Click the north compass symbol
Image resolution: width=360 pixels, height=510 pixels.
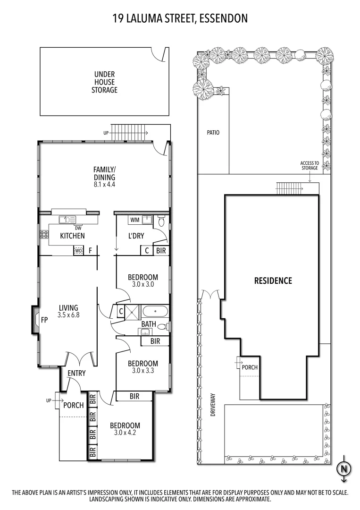click(x=344, y=469)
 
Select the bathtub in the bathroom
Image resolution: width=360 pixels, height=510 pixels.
click(x=155, y=312)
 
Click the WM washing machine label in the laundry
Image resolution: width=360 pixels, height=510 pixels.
click(x=134, y=220)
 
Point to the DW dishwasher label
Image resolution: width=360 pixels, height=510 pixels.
click(x=78, y=228)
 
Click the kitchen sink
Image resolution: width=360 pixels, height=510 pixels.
click(x=67, y=219)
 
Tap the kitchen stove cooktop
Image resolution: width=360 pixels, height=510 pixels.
click(x=43, y=235)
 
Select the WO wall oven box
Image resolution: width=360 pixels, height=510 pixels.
click(x=78, y=251)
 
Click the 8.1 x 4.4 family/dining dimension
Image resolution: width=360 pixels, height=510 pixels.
click(x=104, y=185)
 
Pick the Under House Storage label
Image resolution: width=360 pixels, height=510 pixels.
click(x=104, y=82)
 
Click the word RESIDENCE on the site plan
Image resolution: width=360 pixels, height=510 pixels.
click(x=273, y=280)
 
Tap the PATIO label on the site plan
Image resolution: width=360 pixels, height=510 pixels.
click(x=213, y=133)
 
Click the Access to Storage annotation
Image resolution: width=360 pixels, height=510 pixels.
click(x=310, y=165)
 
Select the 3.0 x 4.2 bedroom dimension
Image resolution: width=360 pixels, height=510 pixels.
click(x=127, y=433)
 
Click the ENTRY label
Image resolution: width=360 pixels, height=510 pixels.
click(x=76, y=373)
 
